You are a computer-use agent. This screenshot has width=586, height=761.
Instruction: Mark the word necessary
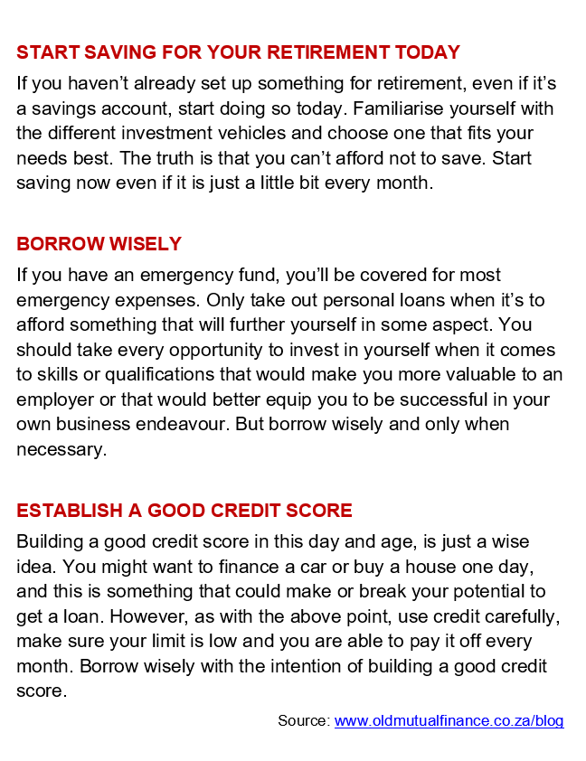[x=60, y=449]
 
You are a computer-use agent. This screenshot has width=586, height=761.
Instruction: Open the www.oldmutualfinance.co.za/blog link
[x=449, y=720]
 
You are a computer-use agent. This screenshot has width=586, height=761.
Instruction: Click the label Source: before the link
[x=304, y=720]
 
